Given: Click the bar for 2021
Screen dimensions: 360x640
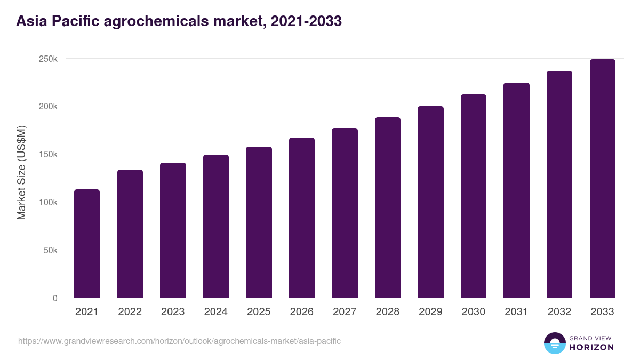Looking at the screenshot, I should [87, 244].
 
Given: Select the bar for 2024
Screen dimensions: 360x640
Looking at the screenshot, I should [216, 226].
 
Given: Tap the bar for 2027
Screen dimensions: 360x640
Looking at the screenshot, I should [345, 213].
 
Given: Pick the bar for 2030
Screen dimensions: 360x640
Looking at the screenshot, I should [474, 196].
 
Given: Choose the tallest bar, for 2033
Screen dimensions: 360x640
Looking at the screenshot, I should [602, 179].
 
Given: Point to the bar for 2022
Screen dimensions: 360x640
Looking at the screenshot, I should [130, 234].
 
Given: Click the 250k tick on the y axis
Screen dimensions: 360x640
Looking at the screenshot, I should [48, 59].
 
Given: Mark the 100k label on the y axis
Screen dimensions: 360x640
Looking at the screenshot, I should [48, 202].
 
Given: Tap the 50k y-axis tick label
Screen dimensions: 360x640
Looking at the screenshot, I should [50, 250].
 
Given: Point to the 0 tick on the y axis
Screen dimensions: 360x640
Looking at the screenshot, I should [55, 298].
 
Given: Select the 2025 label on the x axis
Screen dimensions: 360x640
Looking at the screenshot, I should [259, 312].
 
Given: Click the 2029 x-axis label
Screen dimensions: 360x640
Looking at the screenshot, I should [430, 312].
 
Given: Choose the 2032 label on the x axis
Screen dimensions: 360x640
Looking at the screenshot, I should [559, 312].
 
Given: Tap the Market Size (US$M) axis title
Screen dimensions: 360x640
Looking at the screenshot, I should [21, 172].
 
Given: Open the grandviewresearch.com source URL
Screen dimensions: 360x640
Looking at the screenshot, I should [179, 341].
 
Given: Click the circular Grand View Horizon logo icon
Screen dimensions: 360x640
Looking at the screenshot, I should [554, 343].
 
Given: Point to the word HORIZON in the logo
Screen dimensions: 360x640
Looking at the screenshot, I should [591, 347].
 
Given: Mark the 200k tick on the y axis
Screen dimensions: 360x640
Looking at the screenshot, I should [48, 106].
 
